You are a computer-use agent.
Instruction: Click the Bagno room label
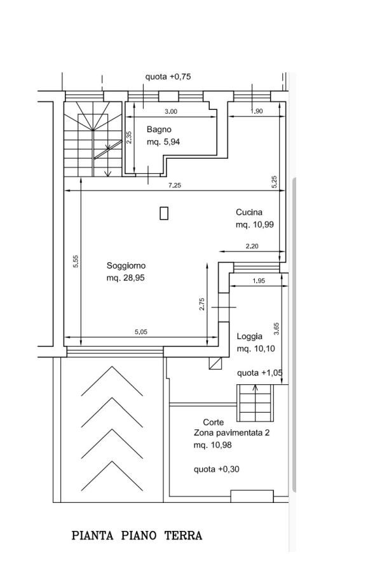pyautogui.click(x=159, y=130)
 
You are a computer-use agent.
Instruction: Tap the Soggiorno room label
pyautogui.click(x=126, y=265)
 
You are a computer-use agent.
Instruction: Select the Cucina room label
pyautogui.click(x=249, y=212)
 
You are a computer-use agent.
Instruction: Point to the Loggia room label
pyautogui.click(x=249, y=337)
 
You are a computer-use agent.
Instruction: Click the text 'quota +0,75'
pyautogui.click(x=168, y=77)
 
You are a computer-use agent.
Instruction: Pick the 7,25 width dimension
pyautogui.click(x=175, y=185)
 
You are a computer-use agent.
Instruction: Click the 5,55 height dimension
pyautogui.click(x=76, y=261)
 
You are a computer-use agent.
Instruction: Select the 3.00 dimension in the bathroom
pyautogui.click(x=171, y=112)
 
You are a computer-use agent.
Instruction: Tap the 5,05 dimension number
pyautogui.click(x=141, y=332)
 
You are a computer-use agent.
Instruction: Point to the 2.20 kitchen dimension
pyautogui.click(x=252, y=246)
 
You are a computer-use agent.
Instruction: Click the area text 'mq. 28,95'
pyautogui.click(x=126, y=278)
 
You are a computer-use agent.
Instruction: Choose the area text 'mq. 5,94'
pyautogui.click(x=163, y=142)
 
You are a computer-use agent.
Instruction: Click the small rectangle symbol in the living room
pyautogui.click(x=164, y=213)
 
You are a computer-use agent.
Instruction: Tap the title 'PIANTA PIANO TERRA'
pyautogui.click(x=137, y=536)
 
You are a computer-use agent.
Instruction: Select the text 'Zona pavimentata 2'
pyautogui.click(x=231, y=432)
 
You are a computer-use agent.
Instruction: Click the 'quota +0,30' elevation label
pyautogui.click(x=216, y=469)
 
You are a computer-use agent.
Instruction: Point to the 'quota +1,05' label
pyautogui.click(x=260, y=373)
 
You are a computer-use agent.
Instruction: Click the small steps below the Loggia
pyautogui.click(x=255, y=403)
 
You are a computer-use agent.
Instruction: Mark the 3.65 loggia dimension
pyautogui.click(x=276, y=329)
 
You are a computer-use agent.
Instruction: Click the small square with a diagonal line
pyautogui.click(x=215, y=363)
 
